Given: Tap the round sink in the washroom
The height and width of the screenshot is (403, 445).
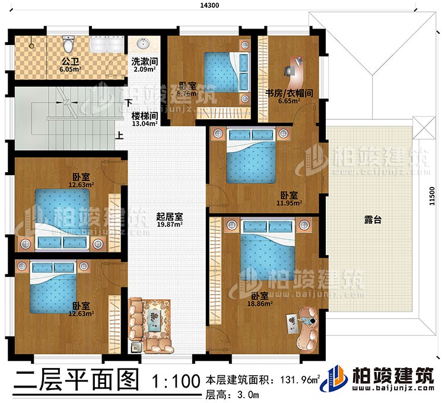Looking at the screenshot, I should tap(142, 43).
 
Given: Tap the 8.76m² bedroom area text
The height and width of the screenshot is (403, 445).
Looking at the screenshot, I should tap(187, 93).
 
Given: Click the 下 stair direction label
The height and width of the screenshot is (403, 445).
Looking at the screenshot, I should tap(128, 101).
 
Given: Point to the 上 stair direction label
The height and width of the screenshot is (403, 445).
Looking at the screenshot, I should tap(120, 135).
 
